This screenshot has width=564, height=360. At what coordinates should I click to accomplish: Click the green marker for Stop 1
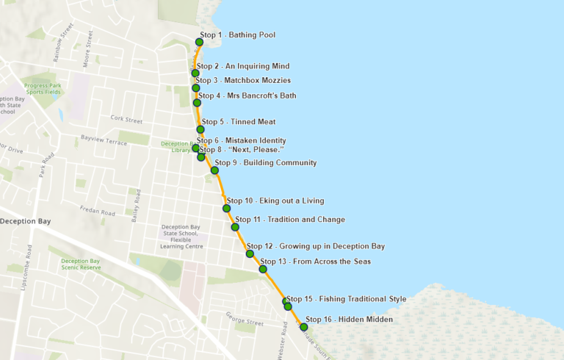(199, 42)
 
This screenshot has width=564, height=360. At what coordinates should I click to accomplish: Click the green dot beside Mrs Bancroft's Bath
(197, 103)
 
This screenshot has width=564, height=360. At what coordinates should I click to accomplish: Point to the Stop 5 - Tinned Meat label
(239, 122)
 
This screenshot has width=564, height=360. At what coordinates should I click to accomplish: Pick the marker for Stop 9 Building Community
(214, 170)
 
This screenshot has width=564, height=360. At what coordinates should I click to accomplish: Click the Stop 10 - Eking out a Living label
(275, 201)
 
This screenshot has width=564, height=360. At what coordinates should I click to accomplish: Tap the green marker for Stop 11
(235, 227)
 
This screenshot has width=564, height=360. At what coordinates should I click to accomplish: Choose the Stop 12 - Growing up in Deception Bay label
(315, 246)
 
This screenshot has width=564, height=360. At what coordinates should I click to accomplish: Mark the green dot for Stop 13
(263, 269)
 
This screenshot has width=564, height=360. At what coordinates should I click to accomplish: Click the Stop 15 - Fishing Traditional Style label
(346, 299)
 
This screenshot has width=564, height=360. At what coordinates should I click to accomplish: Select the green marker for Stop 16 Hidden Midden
(303, 327)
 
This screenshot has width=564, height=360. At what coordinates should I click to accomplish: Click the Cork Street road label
(126, 119)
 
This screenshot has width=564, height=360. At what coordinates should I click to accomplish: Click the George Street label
(245, 322)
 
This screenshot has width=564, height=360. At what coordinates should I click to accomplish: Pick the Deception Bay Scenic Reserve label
(80, 264)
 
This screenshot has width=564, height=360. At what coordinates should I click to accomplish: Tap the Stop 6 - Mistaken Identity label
(241, 140)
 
